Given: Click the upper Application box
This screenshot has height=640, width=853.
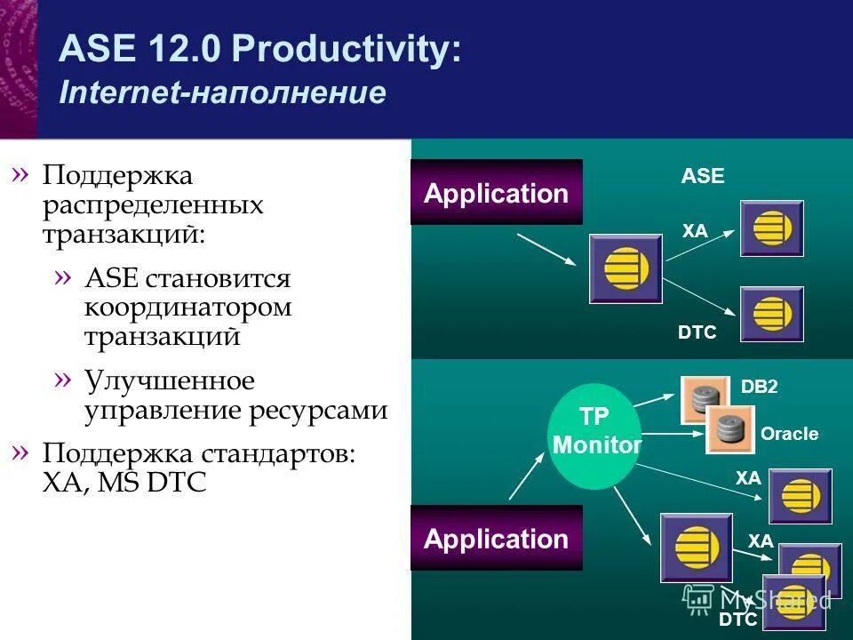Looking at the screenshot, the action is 496,193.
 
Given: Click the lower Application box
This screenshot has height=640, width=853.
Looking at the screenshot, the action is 496,539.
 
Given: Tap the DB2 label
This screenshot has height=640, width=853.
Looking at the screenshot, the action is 760,387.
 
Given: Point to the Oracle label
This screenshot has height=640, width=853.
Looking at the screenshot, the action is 789,435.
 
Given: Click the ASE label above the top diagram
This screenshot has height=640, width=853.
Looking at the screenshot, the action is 703,177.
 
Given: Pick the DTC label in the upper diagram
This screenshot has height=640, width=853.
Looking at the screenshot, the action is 697,332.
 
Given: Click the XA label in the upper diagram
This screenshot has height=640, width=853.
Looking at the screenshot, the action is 695,231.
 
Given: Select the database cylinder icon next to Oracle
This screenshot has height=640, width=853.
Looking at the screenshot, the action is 729,428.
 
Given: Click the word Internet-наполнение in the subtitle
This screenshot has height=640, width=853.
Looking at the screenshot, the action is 222,93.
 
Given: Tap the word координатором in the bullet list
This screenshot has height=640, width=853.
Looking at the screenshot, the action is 188,308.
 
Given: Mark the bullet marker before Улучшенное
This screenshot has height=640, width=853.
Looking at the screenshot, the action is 61,380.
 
